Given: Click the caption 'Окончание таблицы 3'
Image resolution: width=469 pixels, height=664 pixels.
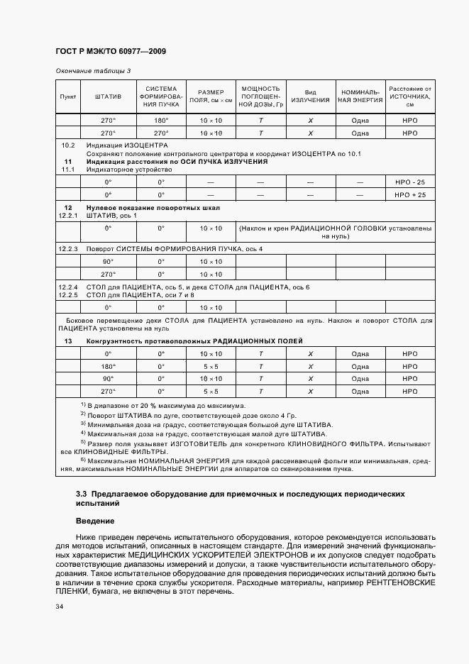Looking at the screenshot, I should (92, 72).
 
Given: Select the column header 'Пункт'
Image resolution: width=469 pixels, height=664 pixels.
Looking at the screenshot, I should (68, 96).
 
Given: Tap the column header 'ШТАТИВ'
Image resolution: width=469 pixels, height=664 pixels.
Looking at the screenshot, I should (108, 96).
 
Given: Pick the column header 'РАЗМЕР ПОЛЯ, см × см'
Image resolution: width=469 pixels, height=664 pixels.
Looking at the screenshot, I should (211, 96).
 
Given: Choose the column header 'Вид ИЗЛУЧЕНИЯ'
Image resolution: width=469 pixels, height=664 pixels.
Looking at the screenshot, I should (310, 96).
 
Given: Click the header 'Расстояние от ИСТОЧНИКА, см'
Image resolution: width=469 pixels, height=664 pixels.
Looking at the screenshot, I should (409, 96).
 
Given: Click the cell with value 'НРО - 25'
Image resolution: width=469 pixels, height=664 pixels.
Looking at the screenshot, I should (409, 182).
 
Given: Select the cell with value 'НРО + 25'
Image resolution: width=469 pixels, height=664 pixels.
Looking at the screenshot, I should (409, 194).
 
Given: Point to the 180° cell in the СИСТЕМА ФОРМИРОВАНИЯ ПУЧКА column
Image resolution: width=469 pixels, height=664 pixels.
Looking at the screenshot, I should (161, 121).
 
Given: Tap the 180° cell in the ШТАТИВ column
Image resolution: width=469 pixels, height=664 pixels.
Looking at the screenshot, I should (108, 367).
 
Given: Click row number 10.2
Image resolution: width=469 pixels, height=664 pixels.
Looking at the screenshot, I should (68, 145).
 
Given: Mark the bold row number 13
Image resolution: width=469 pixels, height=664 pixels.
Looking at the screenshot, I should (68, 341).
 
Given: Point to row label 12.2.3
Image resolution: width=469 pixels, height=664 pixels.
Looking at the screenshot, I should (68, 250).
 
